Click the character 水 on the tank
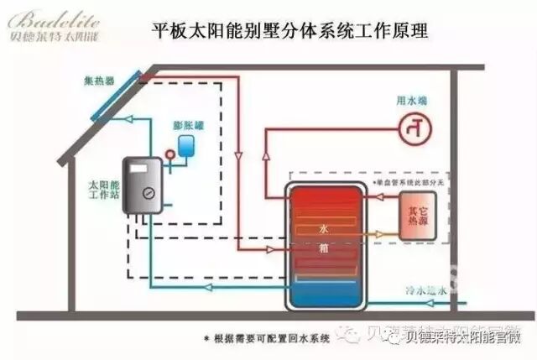click(323, 228)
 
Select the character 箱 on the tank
click(323, 249)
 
